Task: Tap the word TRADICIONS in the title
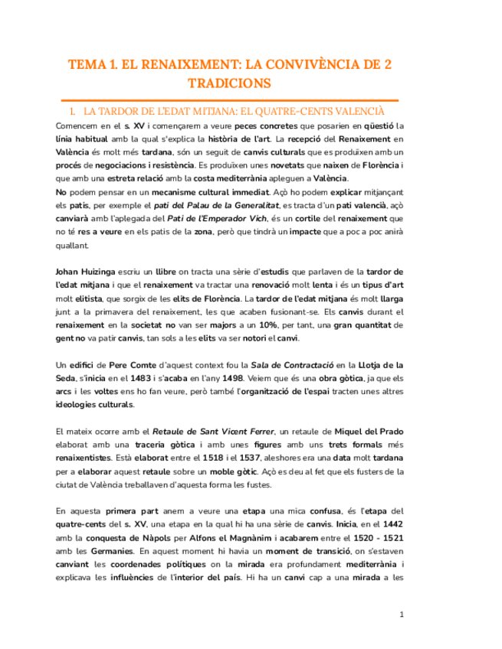229,83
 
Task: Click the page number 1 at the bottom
402,615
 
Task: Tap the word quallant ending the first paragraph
73,246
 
